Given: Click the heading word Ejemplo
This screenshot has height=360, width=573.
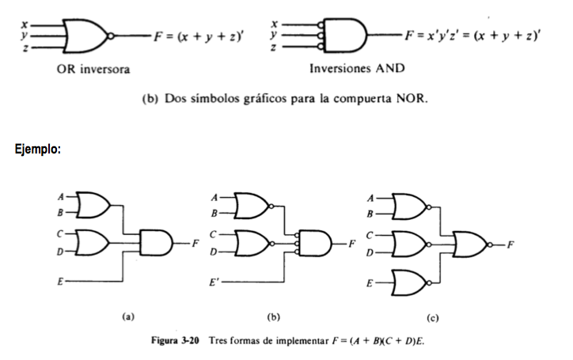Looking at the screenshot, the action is [x=38, y=149].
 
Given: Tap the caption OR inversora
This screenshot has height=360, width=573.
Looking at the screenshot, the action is [x=93, y=69].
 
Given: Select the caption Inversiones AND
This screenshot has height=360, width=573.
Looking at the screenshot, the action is [x=357, y=68].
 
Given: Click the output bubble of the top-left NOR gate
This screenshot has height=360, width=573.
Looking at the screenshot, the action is [x=111, y=36].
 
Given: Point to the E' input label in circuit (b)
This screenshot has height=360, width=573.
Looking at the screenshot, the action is [x=214, y=282].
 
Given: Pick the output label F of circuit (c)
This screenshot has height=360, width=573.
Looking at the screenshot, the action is [x=510, y=244].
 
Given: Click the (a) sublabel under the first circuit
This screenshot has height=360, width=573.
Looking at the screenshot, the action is [x=128, y=316].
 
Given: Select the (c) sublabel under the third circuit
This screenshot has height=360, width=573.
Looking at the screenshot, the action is [x=432, y=318].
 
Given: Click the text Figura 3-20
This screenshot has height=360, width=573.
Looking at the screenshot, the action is [x=175, y=341].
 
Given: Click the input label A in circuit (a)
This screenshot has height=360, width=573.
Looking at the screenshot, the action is [x=61, y=197].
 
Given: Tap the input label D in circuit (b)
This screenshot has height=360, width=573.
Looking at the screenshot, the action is [x=214, y=252].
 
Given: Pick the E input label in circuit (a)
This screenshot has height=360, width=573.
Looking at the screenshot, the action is [x=60, y=282].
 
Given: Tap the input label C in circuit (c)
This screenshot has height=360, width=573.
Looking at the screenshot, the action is [x=370, y=236].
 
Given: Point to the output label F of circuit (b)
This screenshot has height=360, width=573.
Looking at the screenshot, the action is [x=351, y=244].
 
